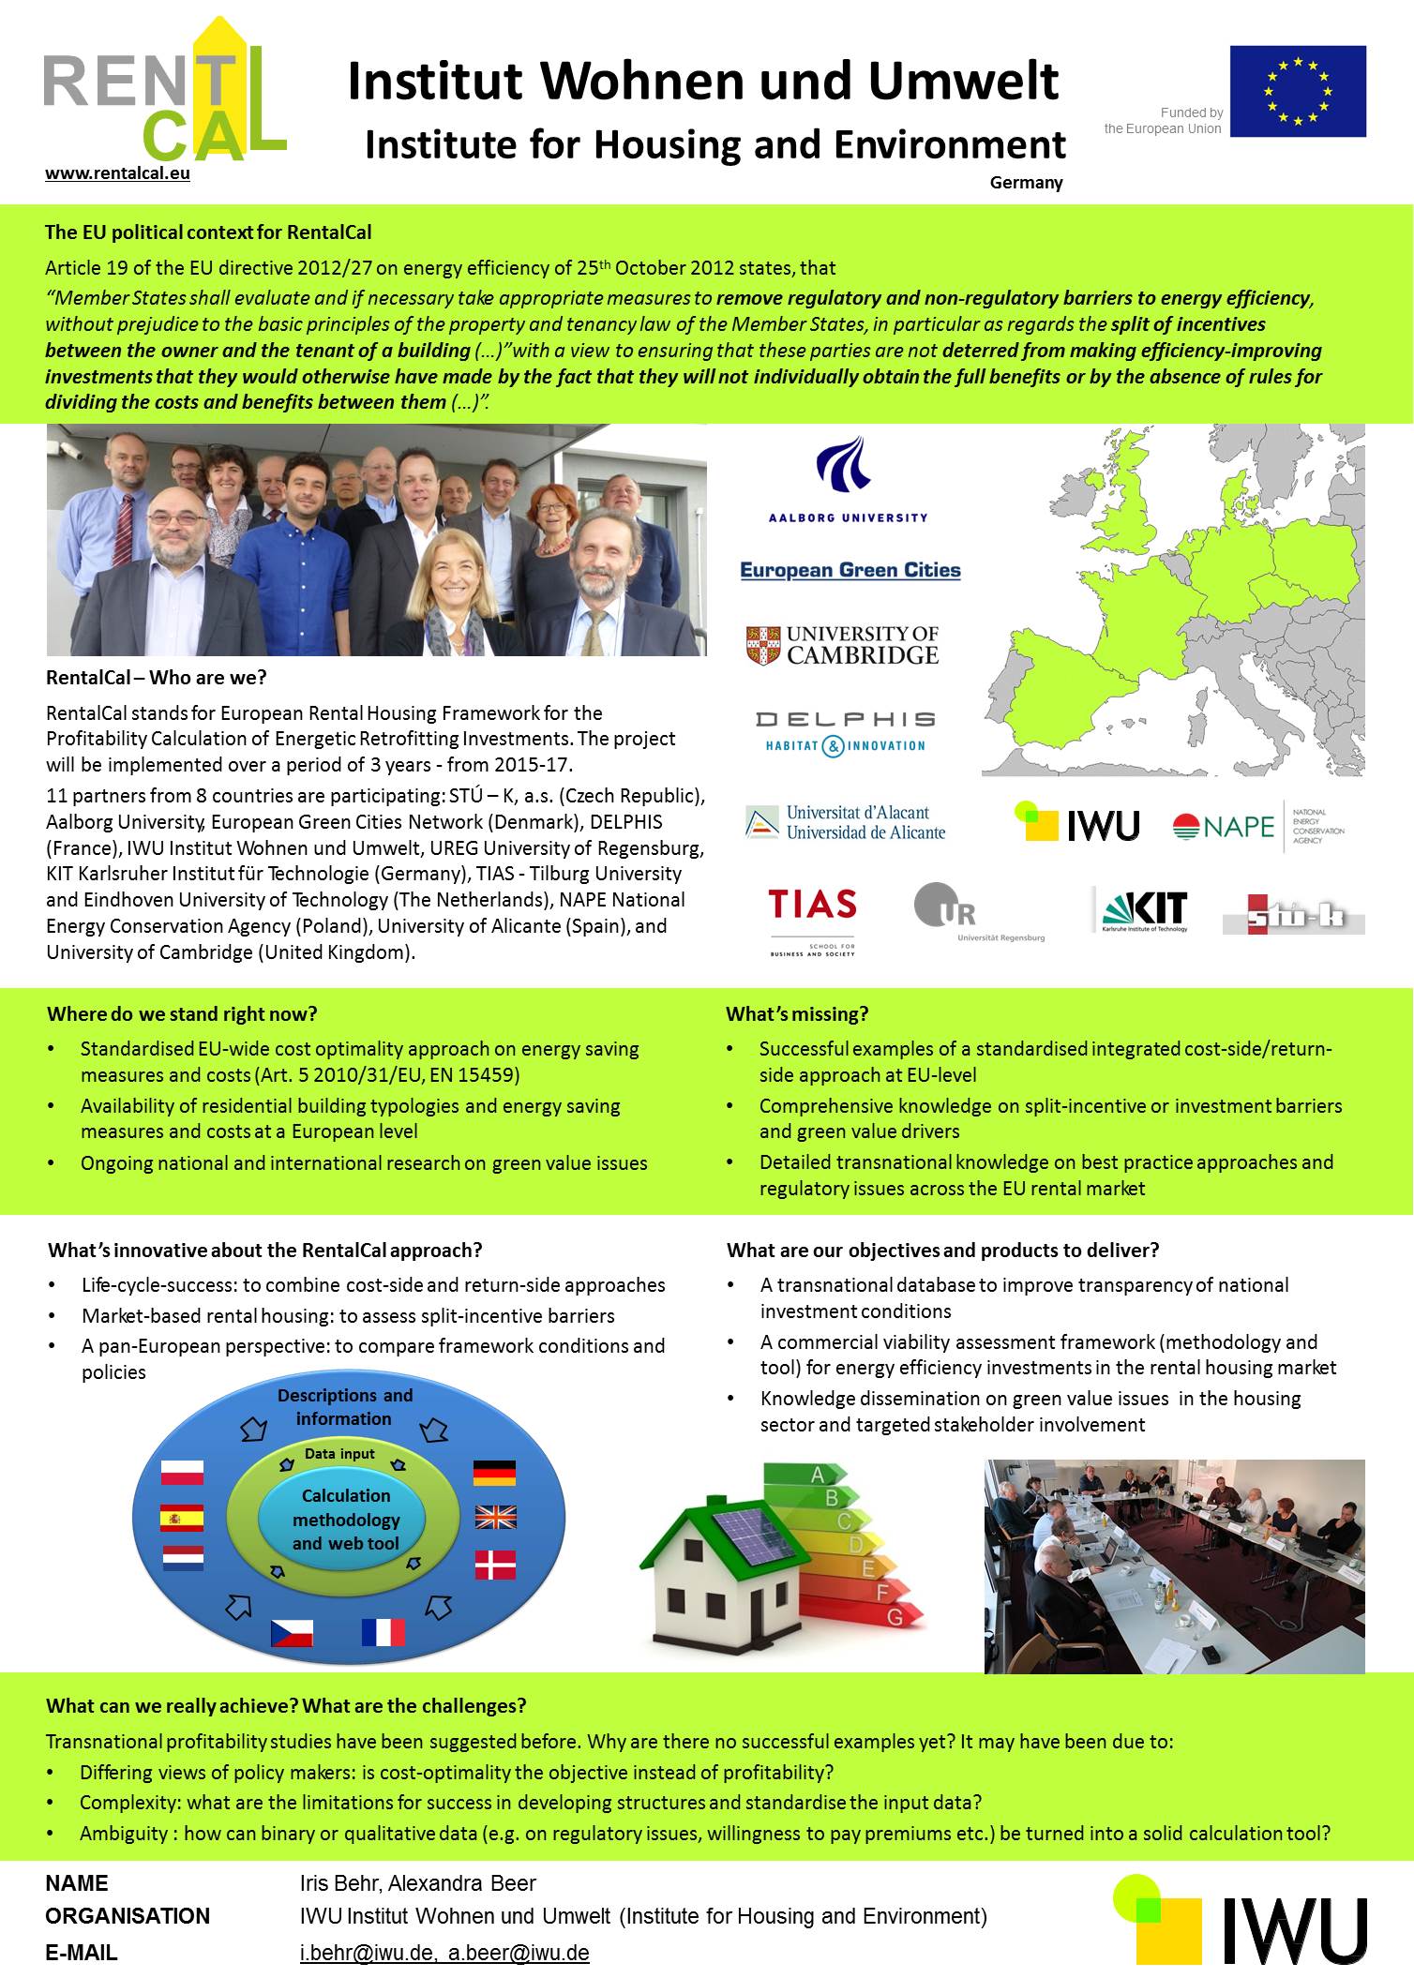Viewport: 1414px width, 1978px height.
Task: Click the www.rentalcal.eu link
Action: point(117,173)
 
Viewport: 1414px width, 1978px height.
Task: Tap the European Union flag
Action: point(1297,91)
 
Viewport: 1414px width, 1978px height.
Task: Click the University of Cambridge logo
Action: point(842,646)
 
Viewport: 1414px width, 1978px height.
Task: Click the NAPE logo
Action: point(1257,826)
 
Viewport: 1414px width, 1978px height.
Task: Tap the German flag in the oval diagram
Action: point(494,1472)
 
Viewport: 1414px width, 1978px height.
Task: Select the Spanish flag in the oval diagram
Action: point(182,1517)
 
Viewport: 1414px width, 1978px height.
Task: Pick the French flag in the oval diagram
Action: point(384,1632)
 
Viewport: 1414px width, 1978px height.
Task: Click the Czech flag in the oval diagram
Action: point(292,1633)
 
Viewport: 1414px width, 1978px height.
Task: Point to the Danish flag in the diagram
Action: point(495,1565)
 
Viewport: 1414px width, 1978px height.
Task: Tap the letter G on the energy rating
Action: point(894,1617)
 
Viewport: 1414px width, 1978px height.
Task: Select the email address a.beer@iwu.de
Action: point(519,1953)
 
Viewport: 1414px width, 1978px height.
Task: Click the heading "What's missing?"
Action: point(797,1014)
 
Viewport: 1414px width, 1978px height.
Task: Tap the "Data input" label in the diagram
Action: point(339,1454)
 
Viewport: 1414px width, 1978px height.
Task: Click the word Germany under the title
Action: point(1026,183)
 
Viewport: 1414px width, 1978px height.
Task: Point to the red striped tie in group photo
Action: point(123,530)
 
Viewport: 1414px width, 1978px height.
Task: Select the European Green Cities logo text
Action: point(850,570)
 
